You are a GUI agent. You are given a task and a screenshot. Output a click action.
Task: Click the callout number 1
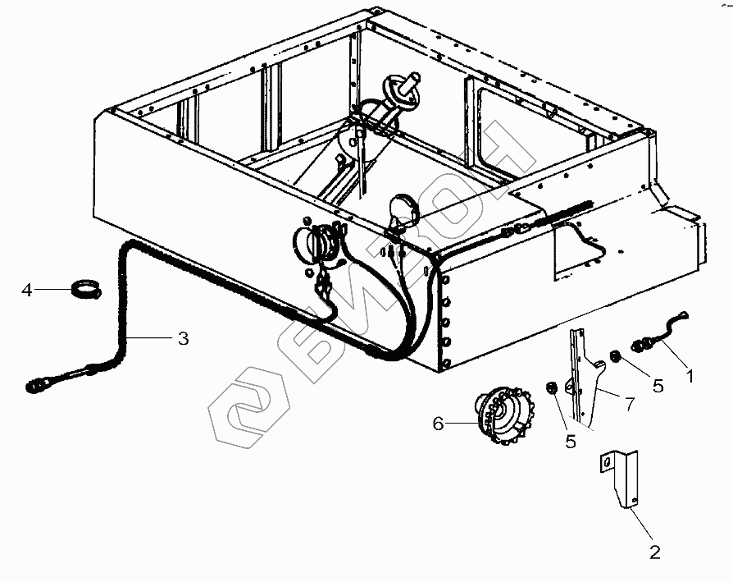690,377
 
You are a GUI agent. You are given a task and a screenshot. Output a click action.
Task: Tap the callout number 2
654,552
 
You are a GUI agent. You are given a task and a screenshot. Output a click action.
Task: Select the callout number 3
183,337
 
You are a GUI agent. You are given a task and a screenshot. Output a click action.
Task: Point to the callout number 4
27,290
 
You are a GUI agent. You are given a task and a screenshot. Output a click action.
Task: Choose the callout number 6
439,424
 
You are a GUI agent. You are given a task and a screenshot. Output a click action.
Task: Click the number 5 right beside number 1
658,385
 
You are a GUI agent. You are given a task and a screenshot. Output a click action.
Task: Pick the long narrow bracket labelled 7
583,373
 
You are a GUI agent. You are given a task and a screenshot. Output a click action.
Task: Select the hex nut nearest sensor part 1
616,357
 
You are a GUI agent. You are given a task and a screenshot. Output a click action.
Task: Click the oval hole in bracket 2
608,463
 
